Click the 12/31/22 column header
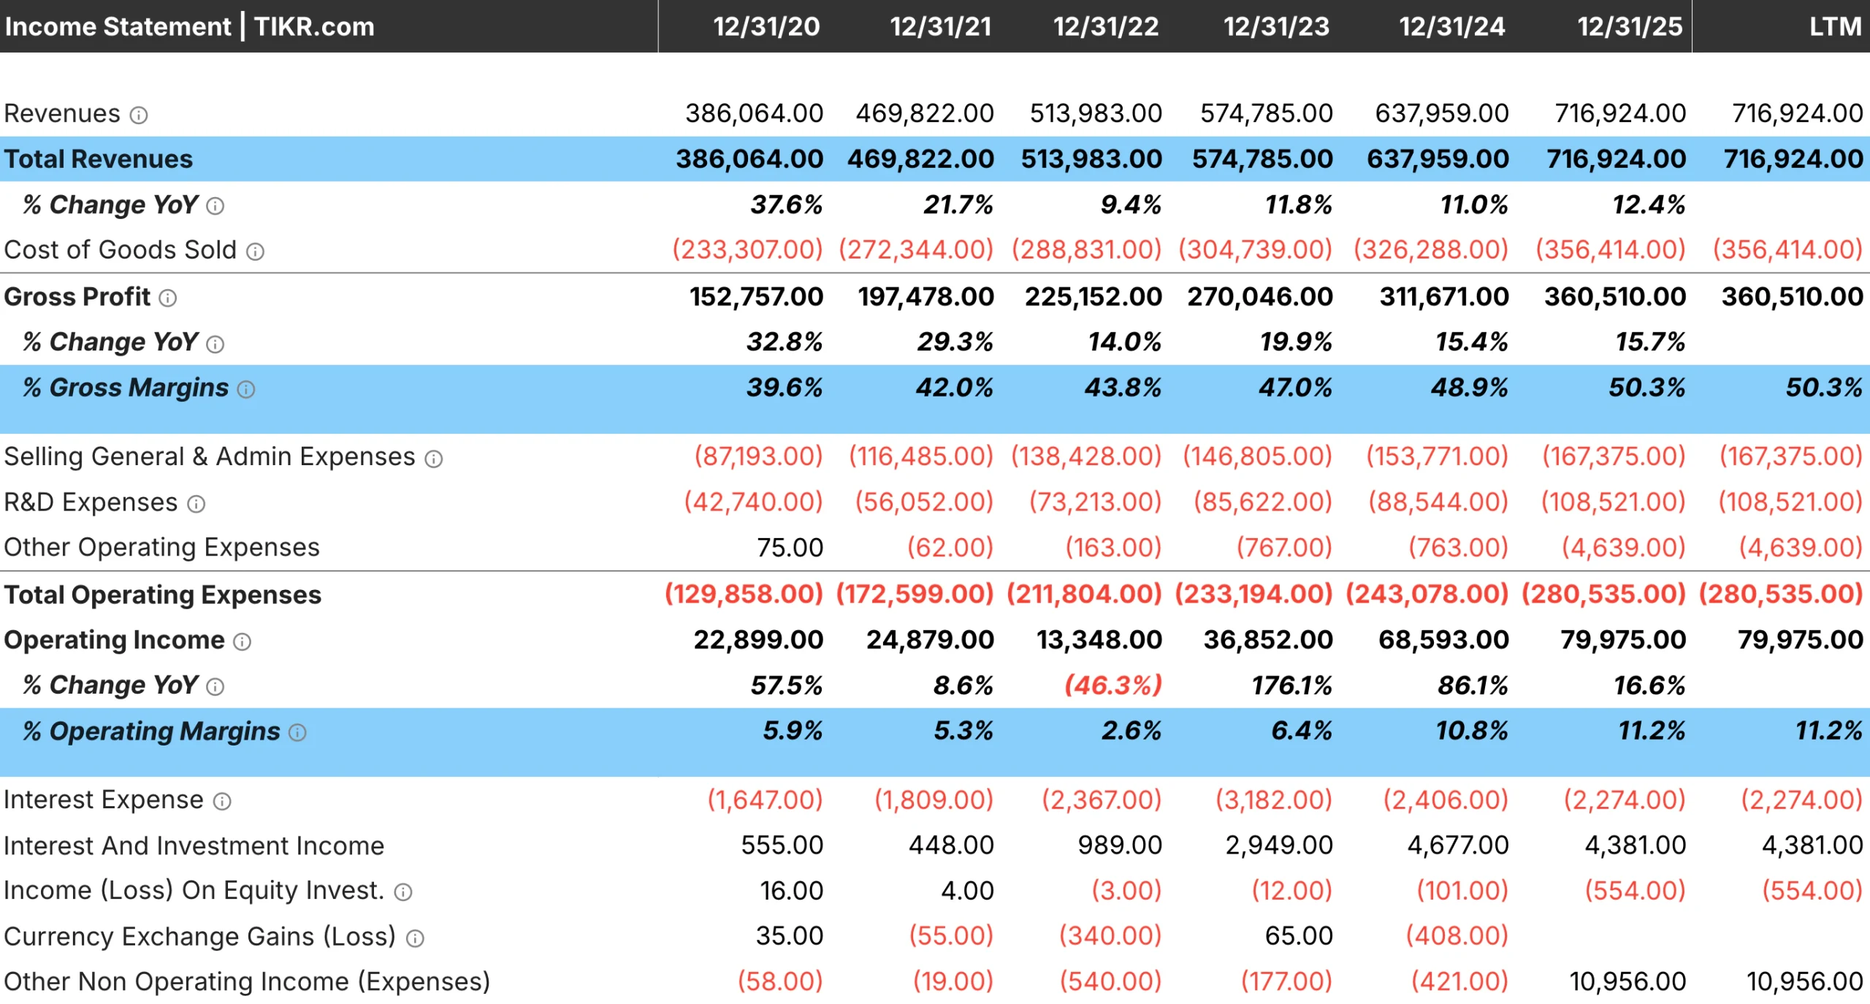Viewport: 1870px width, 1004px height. click(1105, 27)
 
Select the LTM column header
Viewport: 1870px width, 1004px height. click(1834, 27)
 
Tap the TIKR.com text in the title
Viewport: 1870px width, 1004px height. click(314, 27)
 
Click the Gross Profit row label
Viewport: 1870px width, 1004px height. click(77, 297)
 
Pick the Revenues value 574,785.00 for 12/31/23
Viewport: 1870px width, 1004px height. click(1266, 114)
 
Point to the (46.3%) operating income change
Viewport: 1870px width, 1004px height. click(1113, 686)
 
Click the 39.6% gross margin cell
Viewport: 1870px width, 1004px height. click(784, 388)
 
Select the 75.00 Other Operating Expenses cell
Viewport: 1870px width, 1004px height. click(790, 548)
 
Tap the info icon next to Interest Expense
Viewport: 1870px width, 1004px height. click(222, 802)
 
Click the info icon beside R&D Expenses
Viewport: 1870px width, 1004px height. click(196, 504)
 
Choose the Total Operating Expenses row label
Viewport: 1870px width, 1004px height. click(162, 595)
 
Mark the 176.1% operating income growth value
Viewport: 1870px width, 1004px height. click(1291, 686)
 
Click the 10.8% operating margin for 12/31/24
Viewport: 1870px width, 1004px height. click(1471, 731)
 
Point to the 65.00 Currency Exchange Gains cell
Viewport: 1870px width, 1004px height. click(1298, 936)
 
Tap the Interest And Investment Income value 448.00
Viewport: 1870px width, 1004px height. click(950, 846)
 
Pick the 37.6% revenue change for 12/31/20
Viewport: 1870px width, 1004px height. click(786, 205)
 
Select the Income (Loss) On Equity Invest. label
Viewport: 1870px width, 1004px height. click(194, 891)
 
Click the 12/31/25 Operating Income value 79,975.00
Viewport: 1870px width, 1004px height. click(1622, 640)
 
